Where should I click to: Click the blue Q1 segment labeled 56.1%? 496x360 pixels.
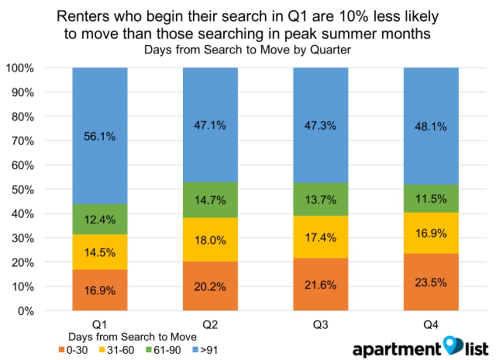100,152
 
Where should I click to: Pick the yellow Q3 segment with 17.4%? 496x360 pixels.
320,237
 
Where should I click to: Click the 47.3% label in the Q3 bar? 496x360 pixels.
320,125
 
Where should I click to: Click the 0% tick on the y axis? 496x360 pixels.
25,311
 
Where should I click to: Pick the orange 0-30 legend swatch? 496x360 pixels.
62,349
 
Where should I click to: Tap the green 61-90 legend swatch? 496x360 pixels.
148,349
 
